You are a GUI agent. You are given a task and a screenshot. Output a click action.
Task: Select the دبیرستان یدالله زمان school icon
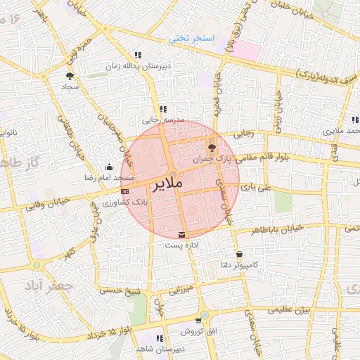(x=139, y=55)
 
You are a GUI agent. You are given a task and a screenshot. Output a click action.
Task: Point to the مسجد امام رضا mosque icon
(x=108, y=167)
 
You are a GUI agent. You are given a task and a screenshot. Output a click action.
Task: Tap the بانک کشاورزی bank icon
(x=124, y=191)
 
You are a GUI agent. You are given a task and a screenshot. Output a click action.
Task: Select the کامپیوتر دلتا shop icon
(x=239, y=254)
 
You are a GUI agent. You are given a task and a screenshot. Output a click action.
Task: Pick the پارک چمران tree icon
(x=212, y=147)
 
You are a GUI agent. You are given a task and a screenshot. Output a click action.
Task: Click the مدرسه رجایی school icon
(x=163, y=109)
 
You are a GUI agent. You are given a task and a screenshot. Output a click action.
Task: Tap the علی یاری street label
(x=255, y=188)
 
